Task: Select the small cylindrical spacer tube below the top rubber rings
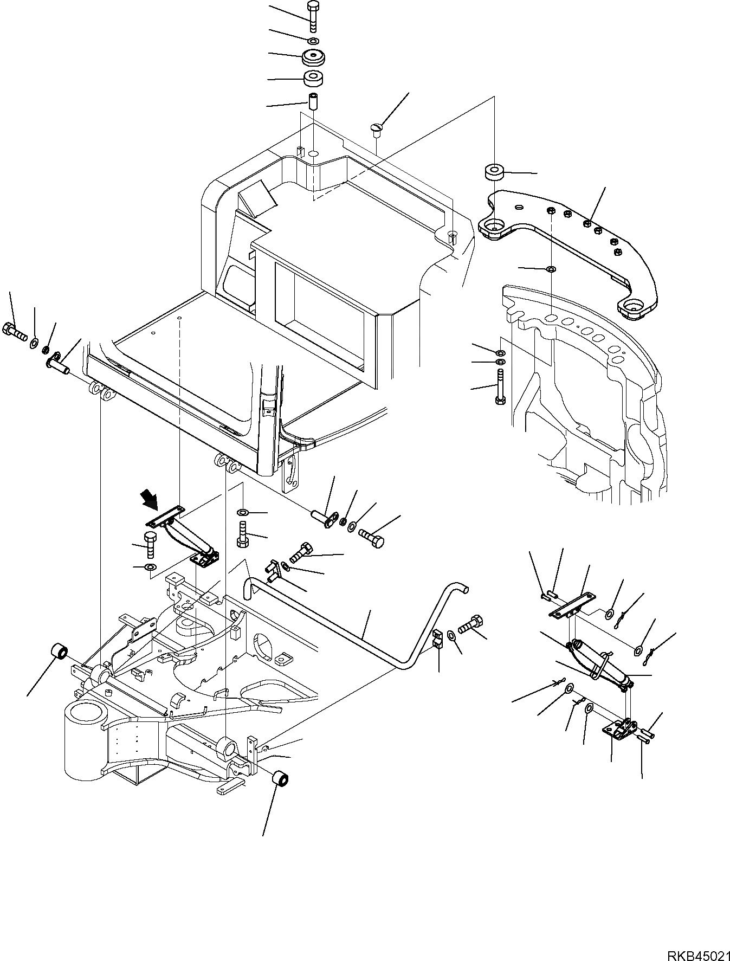(x=313, y=102)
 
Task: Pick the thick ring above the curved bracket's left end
(x=493, y=172)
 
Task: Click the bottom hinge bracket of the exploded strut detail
(x=620, y=730)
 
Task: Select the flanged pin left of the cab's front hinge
(x=56, y=361)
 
